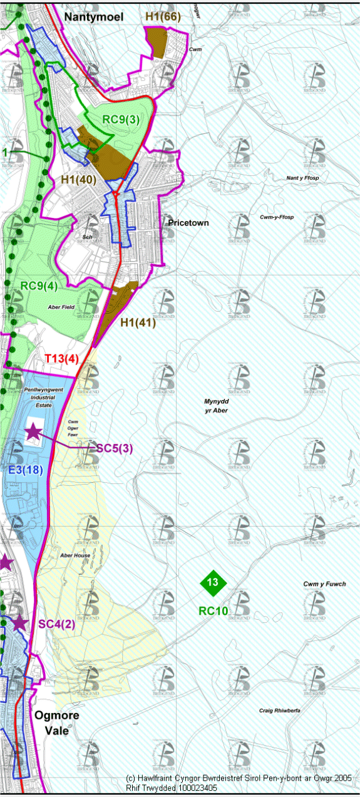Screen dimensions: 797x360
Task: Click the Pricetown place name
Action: [188, 223]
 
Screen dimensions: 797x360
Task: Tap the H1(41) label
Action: [138, 322]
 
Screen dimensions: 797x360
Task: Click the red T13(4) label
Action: [61, 359]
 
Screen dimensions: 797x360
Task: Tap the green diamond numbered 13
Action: [212, 582]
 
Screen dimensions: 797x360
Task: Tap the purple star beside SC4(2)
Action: [20, 622]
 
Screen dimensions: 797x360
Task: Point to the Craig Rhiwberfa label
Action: [280, 711]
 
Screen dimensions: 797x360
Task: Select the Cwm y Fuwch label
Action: [324, 584]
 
